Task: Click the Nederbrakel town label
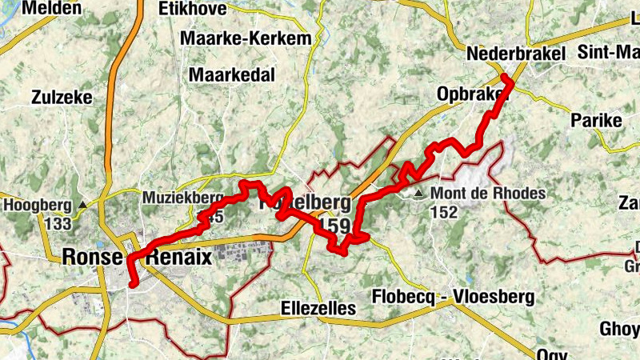pos(515,53)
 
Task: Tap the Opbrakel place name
pos(472,94)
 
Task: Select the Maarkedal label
pos(232,75)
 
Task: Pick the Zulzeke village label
pos(62,98)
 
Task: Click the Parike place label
pos(597,121)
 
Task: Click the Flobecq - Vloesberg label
pos(453,298)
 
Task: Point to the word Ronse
pos(92,258)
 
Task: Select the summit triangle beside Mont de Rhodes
pos(419,193)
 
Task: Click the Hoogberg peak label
pos(38,205)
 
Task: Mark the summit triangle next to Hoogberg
pos(83,205)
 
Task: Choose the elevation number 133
pos(37,223)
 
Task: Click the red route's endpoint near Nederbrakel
pos(506,78)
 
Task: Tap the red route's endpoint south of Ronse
pos(132,282)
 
